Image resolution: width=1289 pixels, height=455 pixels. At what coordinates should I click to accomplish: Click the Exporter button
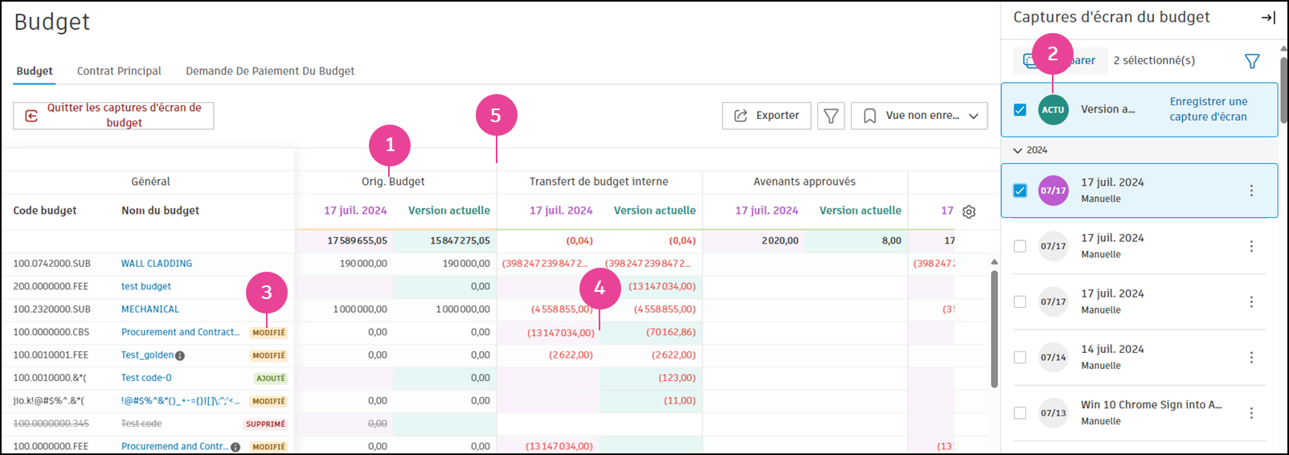coord(767,116)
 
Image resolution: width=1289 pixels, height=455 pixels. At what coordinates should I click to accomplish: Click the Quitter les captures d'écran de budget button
coord(113,115)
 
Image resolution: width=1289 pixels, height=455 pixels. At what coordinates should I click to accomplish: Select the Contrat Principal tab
coord(119,71)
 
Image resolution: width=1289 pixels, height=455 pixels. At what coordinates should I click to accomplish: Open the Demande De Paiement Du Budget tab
coord(270,71)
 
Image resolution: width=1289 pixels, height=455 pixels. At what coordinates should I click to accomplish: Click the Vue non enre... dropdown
coord(919,116)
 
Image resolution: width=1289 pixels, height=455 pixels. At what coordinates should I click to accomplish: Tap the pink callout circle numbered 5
coord(496,116)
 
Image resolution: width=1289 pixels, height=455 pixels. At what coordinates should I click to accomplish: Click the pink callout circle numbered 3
coord(267,293)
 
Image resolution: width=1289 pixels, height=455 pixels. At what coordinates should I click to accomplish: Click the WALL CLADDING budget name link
coord(157,264)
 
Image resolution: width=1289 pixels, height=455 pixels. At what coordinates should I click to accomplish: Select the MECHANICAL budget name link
coord(150,309)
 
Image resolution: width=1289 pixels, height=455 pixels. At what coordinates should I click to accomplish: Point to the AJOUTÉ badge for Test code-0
coord(271,379)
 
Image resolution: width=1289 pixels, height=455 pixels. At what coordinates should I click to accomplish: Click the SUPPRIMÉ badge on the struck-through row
coord(265,424)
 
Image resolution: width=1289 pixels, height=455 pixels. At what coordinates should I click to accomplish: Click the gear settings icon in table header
coord(969,211)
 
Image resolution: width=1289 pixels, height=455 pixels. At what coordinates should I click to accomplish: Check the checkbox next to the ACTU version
coord(1020,110)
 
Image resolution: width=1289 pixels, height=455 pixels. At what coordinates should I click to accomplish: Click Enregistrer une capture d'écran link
coord(1208,109)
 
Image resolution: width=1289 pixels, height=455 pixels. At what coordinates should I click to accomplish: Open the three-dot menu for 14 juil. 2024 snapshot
coord(1251,357)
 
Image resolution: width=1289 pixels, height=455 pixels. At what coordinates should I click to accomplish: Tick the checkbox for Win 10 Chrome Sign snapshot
coord(1020,413)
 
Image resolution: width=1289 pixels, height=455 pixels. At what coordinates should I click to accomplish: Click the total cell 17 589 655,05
coord(357,240)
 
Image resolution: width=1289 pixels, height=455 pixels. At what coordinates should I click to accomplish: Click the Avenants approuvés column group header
coord(804,182)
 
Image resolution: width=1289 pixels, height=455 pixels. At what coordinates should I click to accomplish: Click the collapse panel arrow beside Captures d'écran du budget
coord(1268,18)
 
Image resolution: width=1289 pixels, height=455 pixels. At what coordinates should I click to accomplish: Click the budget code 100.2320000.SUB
coord(51,309)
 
